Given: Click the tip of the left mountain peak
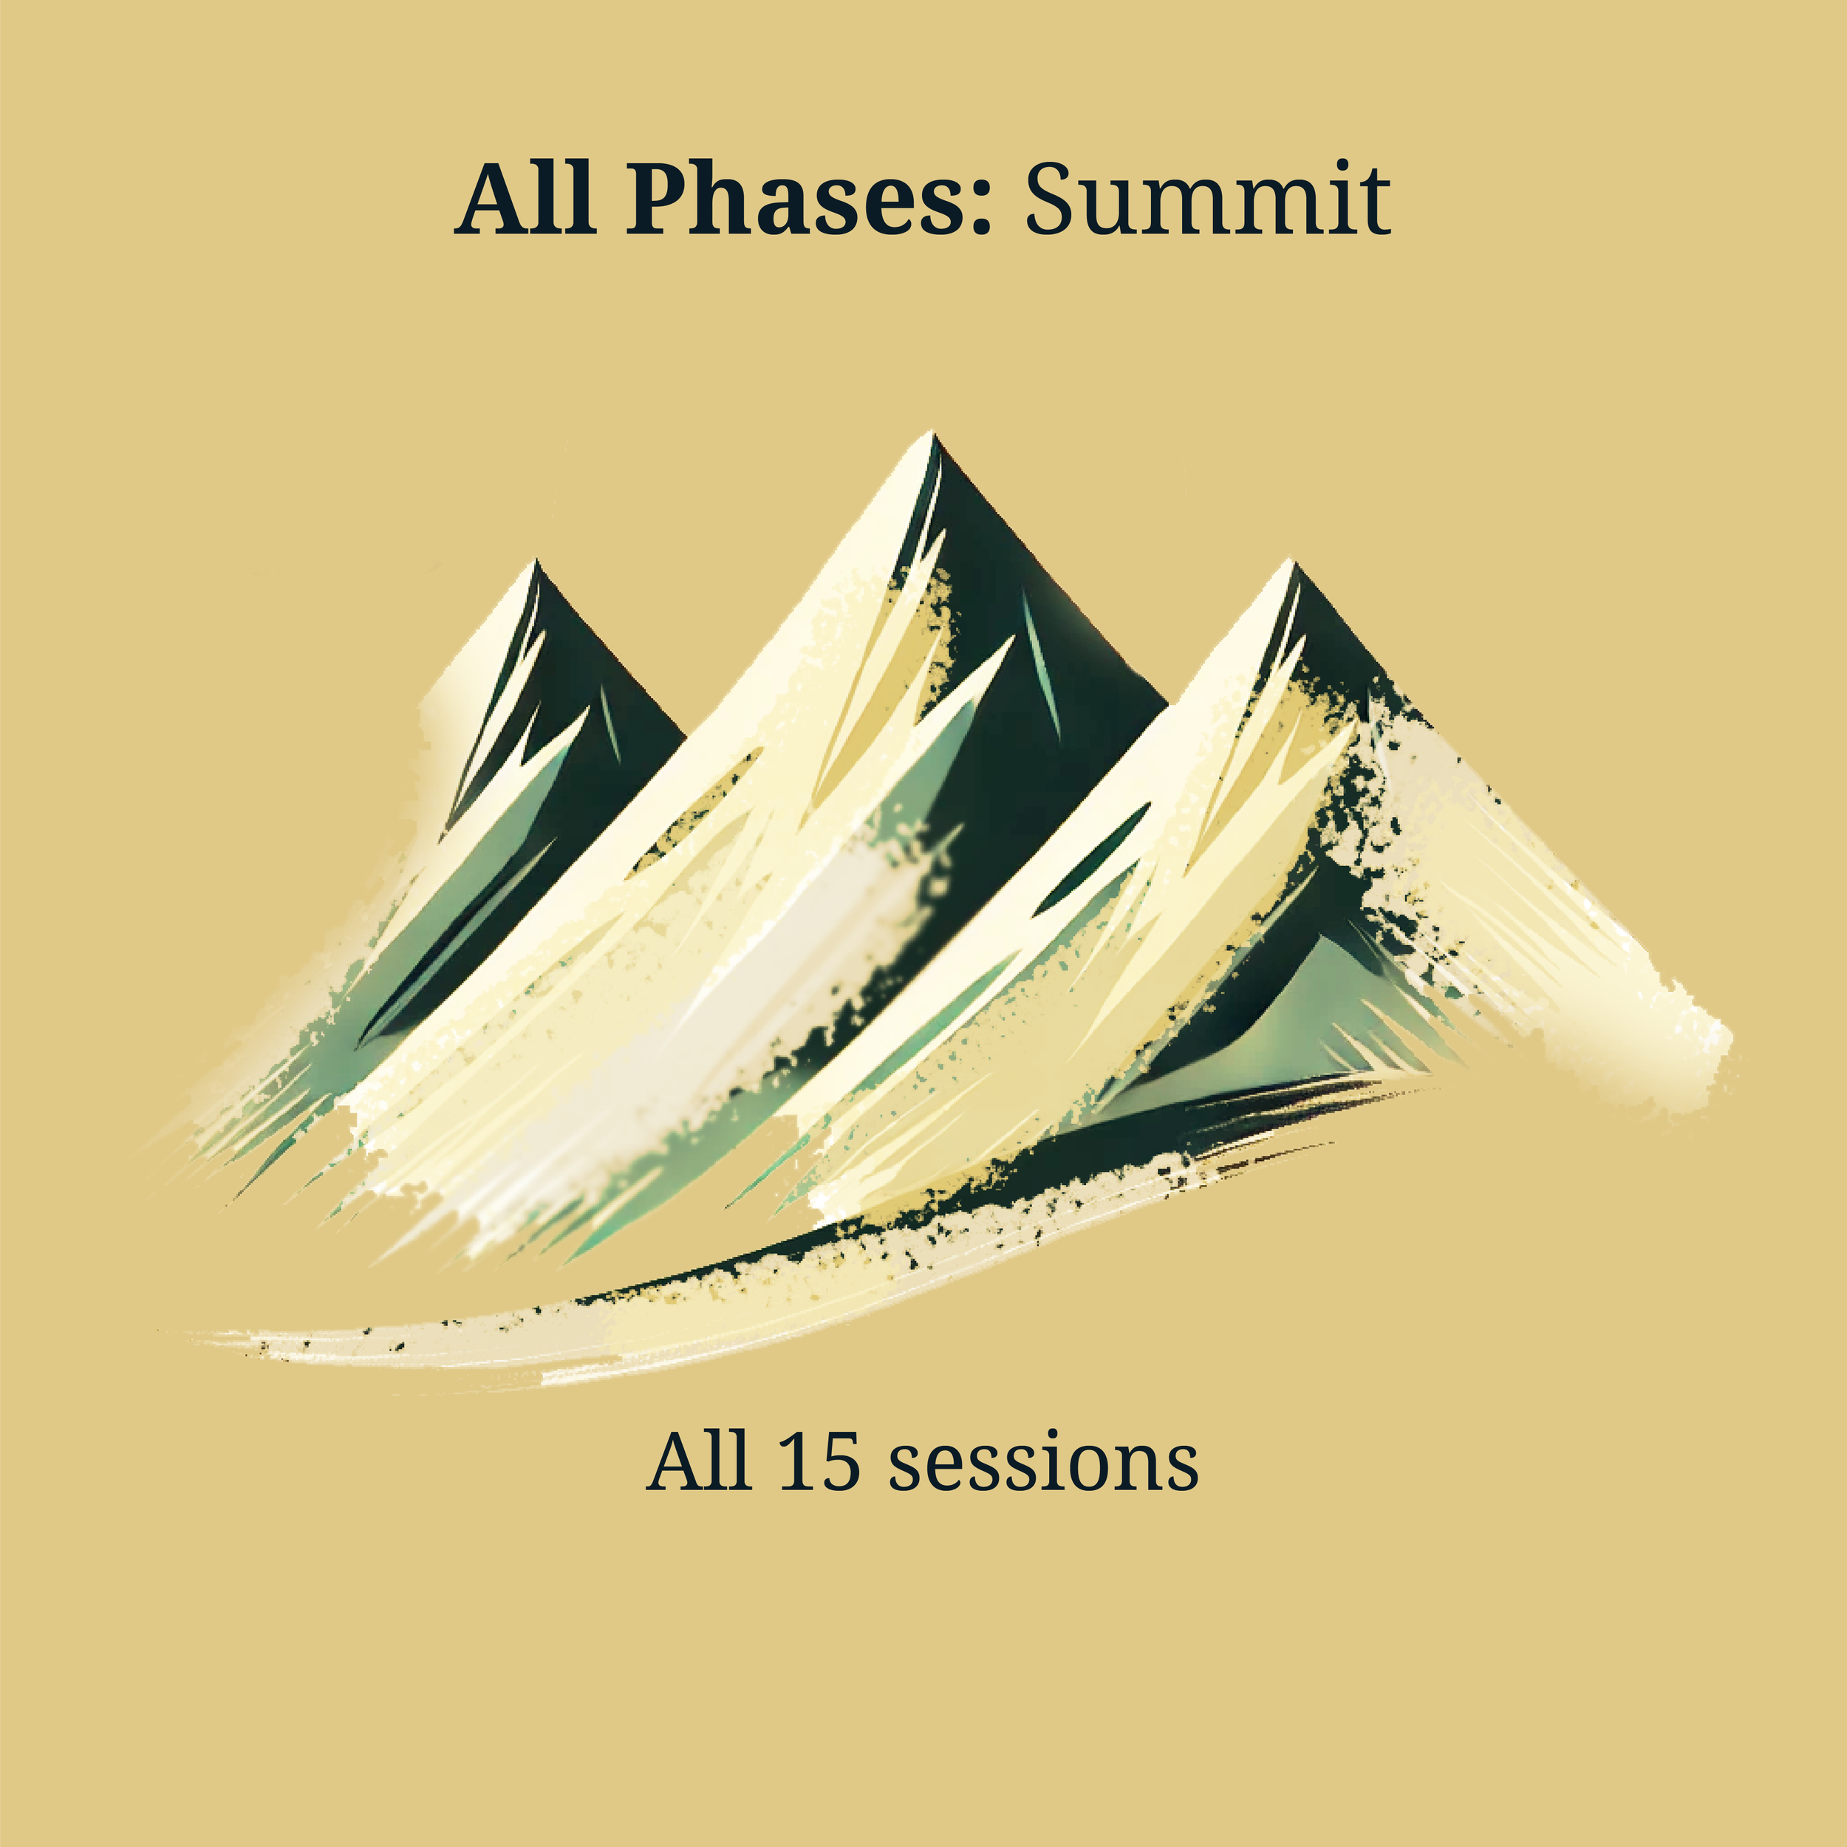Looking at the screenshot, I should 536,563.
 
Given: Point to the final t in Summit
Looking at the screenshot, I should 1373,202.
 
